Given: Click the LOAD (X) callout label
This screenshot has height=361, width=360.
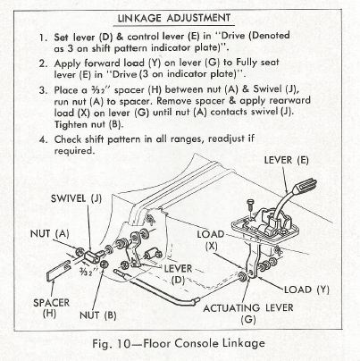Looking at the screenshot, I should click(x=211, y=239).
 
